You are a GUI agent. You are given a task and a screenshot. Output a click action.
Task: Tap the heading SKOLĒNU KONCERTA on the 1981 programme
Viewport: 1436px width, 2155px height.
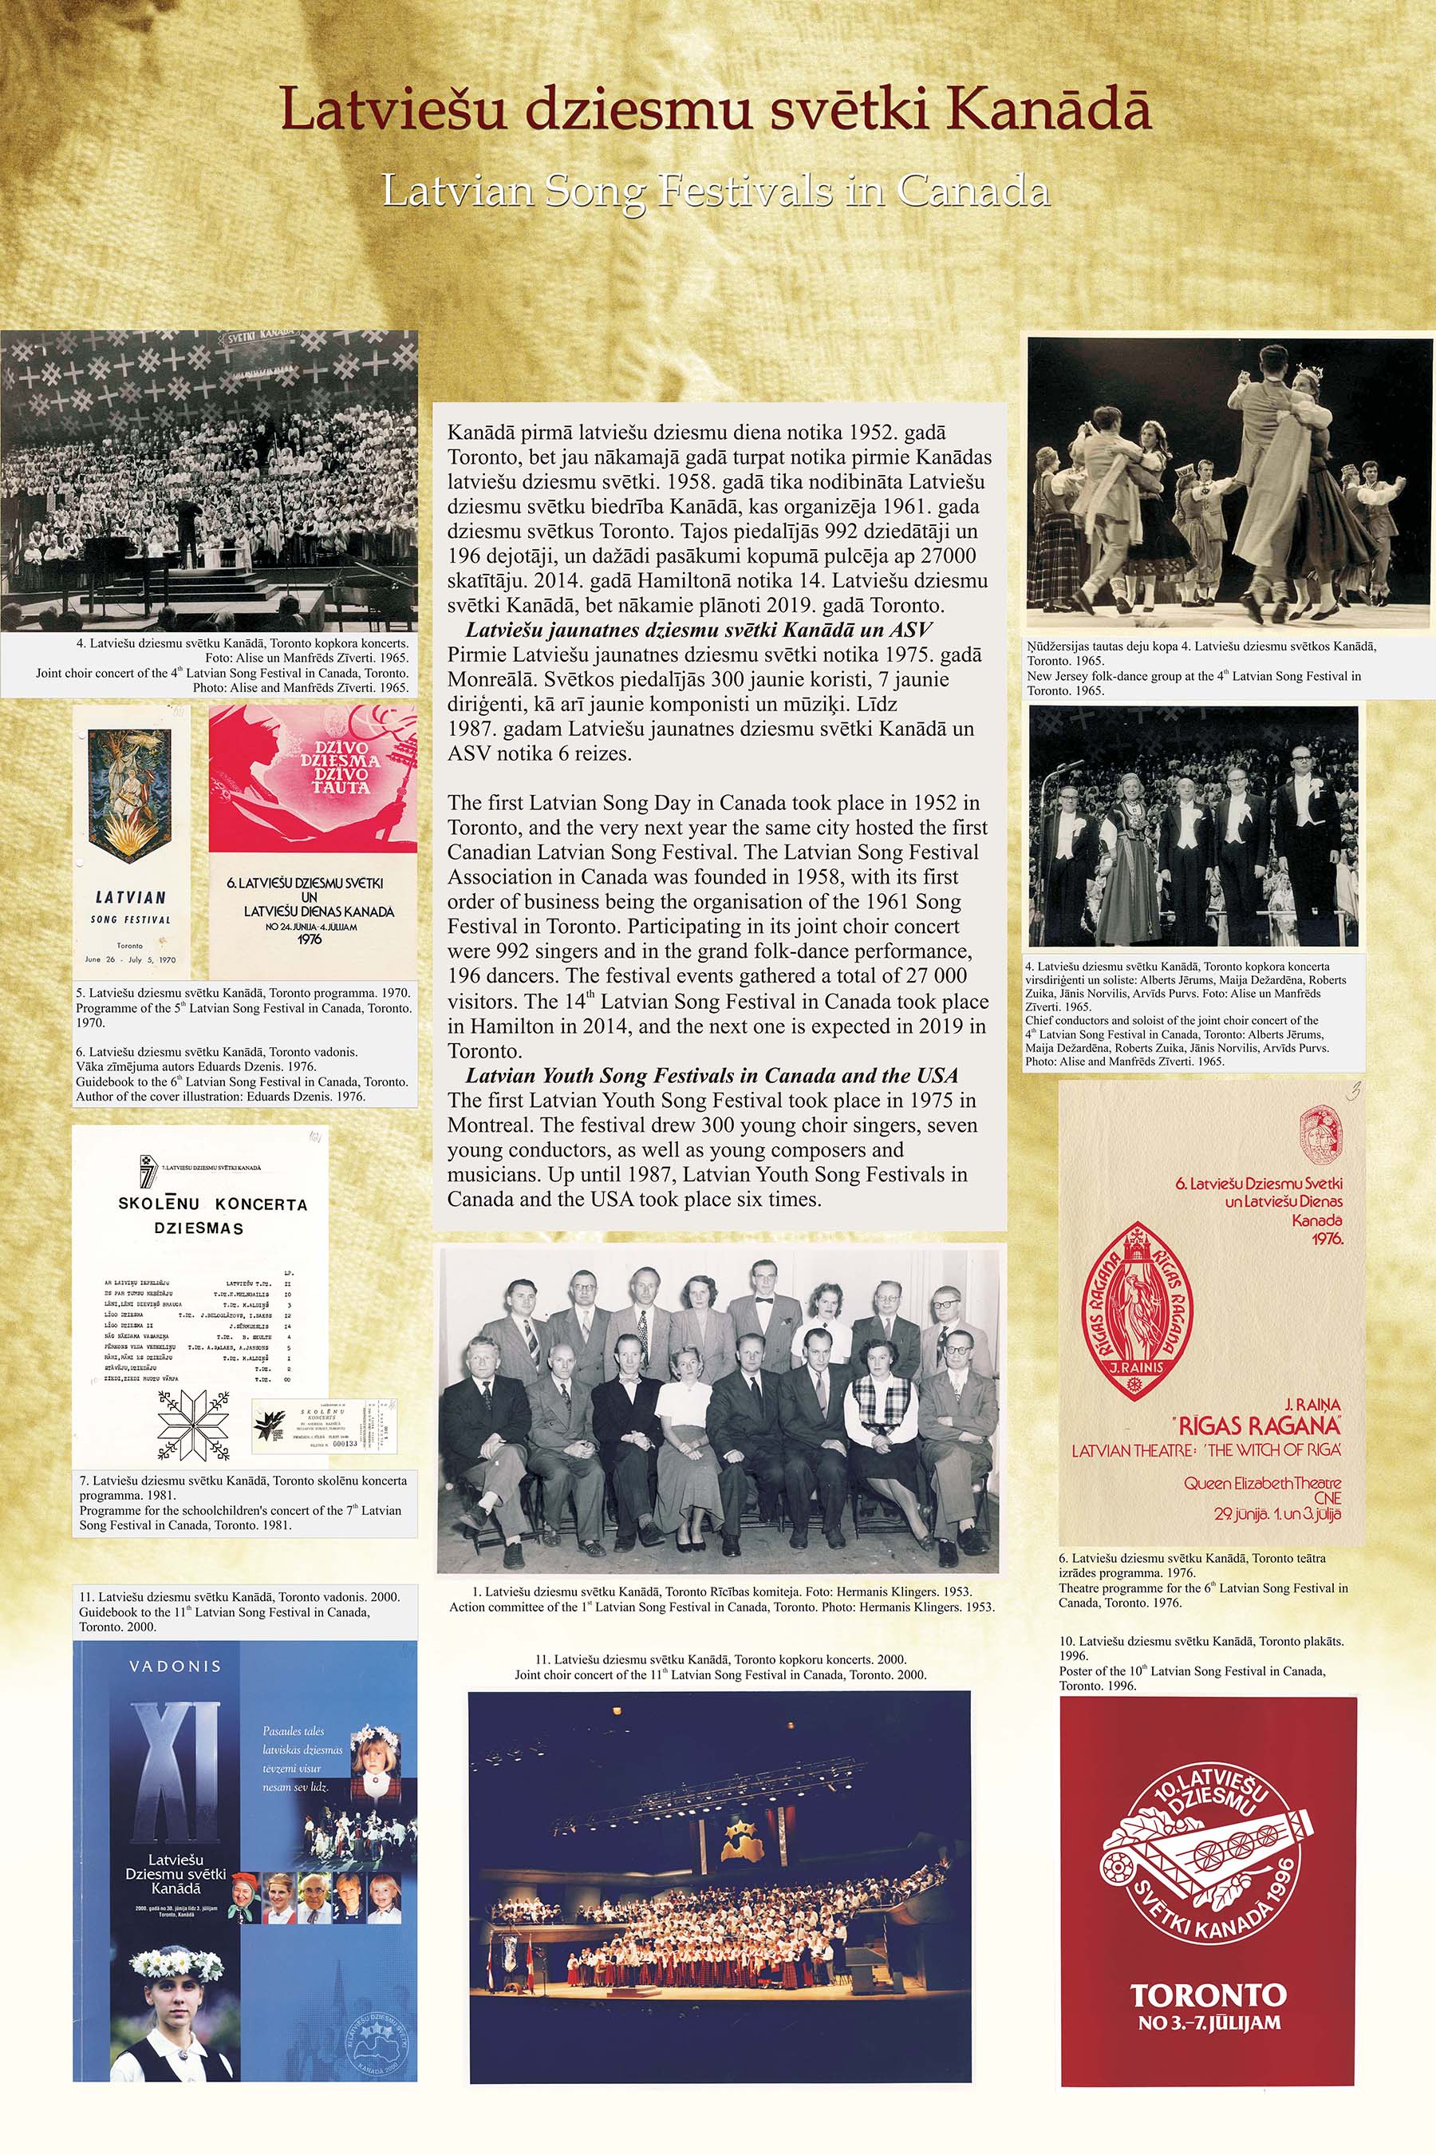pos(212,1204)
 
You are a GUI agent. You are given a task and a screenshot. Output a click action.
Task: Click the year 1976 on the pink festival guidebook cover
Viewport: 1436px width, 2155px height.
pos(310,939)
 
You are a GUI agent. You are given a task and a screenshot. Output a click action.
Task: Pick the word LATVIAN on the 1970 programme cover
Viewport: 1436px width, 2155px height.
pos(131,898)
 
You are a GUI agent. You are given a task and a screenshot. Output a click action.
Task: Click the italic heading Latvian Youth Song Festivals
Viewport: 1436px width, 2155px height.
pos(712,1076)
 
